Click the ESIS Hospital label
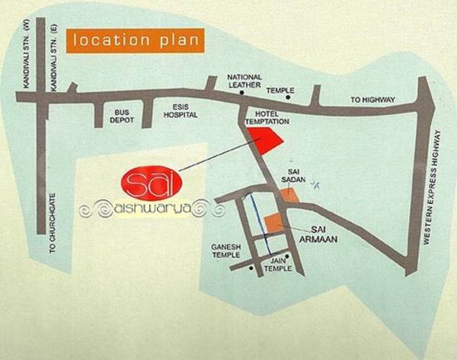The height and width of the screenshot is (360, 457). pyautogui.click(x=181, y=111)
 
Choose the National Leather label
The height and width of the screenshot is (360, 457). pyautogui.click(x=245, y=81)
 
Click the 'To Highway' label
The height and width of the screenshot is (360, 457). pyautogui.click(x=372, y=100)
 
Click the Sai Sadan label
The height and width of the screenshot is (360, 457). pyautogui.click(x=297, y=176)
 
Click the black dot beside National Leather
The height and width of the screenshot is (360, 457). pyautogui.click(x=241, y=93)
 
